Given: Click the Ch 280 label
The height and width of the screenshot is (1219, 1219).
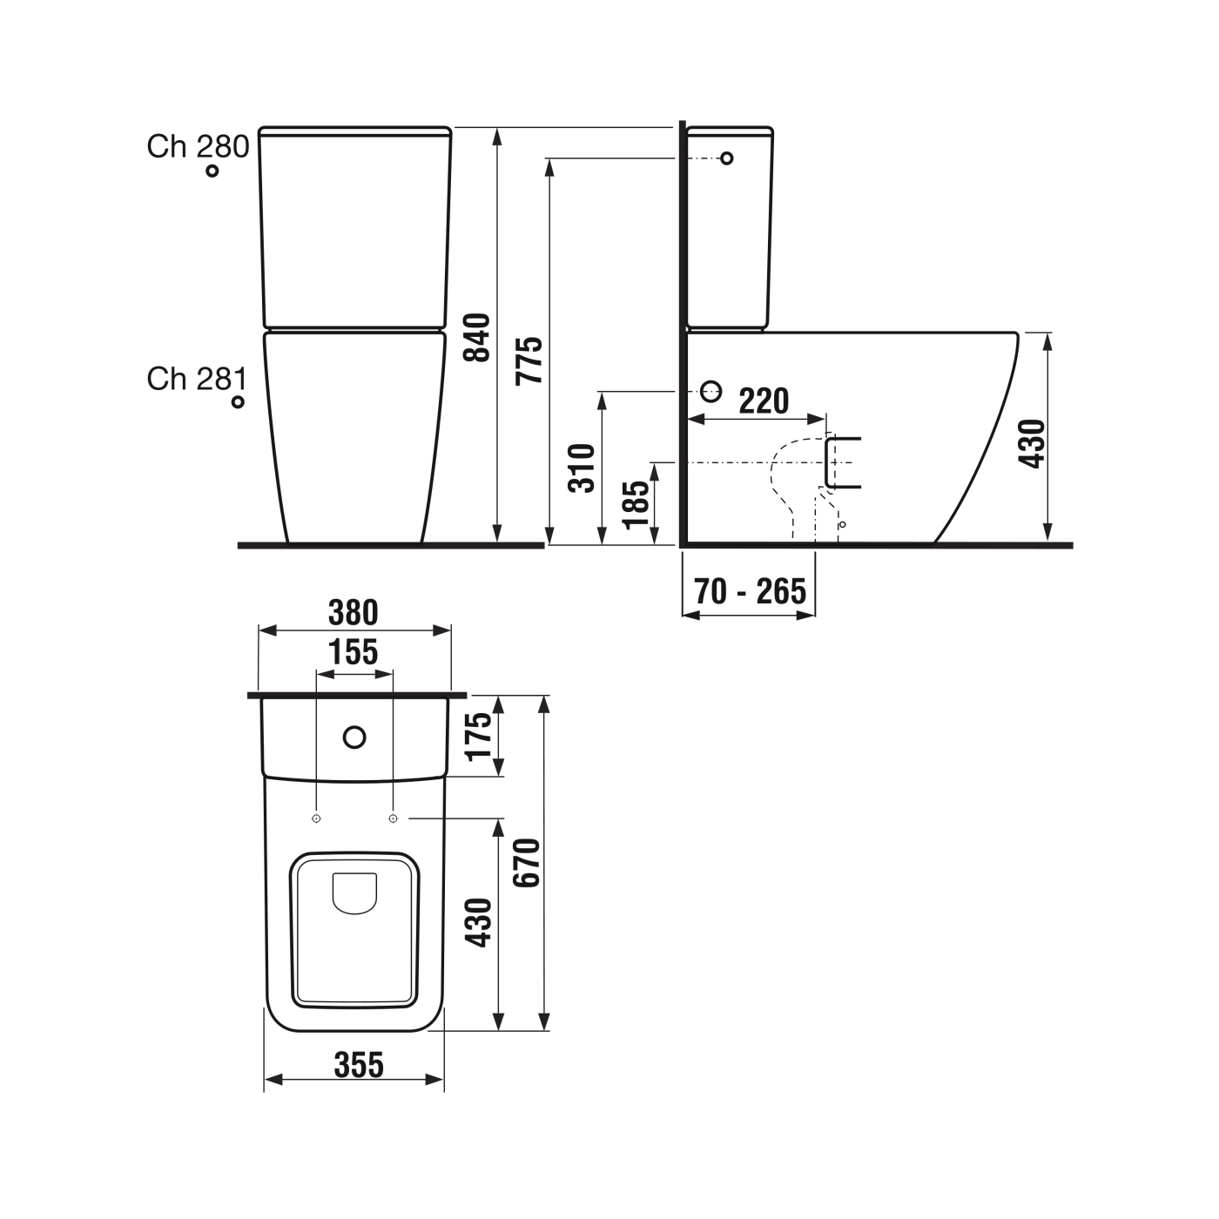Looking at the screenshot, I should tap(198, 146).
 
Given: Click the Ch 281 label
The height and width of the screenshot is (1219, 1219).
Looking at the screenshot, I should tap(197, 379).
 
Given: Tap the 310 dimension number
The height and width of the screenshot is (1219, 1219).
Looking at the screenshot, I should tap(582, 468).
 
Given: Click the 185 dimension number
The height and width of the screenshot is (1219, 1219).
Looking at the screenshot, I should tap(636, 503).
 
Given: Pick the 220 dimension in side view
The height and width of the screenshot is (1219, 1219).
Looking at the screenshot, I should tap(764, 401).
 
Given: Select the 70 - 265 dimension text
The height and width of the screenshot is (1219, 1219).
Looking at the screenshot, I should tap(751, 591).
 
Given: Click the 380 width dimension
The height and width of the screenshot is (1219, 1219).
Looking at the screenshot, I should tap(354, 613).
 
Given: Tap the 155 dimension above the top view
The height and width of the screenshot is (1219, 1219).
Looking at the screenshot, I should tap(354, 652).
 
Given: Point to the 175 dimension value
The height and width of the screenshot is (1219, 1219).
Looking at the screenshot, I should tap(479, 736).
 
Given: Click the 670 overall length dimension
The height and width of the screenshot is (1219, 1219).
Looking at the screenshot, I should tap(527, 862).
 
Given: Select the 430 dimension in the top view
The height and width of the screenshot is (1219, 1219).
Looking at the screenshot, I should tap(478, 922).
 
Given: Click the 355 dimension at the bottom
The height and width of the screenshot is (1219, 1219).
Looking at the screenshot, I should tap(359, 1064).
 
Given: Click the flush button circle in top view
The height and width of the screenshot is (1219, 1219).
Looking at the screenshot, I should tap(354, 737).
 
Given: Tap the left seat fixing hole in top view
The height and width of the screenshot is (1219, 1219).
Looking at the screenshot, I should tap(317, 818).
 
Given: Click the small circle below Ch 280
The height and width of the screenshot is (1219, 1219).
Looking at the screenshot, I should tap(212, 171).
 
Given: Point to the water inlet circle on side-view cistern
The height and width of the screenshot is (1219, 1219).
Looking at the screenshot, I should tap(727, 158).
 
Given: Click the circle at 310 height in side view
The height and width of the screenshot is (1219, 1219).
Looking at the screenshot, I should tap(711, 392).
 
